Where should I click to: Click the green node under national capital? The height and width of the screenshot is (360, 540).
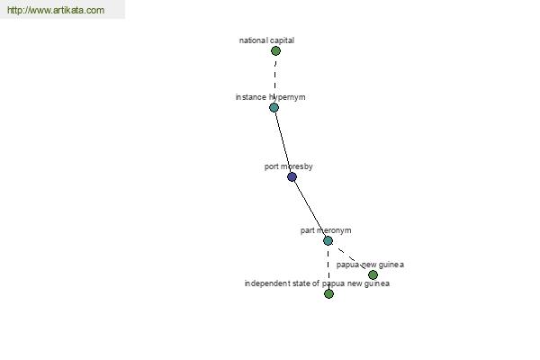(x=275, y=51)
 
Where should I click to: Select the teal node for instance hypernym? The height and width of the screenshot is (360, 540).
(x=274, y=107)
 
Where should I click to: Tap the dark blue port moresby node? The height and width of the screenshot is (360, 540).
(x=292, y=177)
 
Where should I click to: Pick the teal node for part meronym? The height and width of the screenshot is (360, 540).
(x=328, y=241)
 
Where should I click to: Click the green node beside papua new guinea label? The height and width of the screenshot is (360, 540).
(x=373, y=274)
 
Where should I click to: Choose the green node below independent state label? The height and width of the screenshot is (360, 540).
(x=328, y=294)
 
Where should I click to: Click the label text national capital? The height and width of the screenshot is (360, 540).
(x=267, y=40)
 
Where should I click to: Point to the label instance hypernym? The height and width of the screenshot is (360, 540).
(x=270, y=97)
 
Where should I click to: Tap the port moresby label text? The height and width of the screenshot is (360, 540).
(x=289, y=166)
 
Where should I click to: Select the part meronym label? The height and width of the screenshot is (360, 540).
(x=326, y=230)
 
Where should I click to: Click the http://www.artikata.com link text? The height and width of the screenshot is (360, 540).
(x=56, y=10)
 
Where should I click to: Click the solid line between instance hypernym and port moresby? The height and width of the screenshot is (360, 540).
(x=283, y=142)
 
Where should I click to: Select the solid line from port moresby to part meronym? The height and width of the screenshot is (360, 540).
(x=310, y=209)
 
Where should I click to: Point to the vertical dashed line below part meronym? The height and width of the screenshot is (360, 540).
(x=328, y=267)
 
